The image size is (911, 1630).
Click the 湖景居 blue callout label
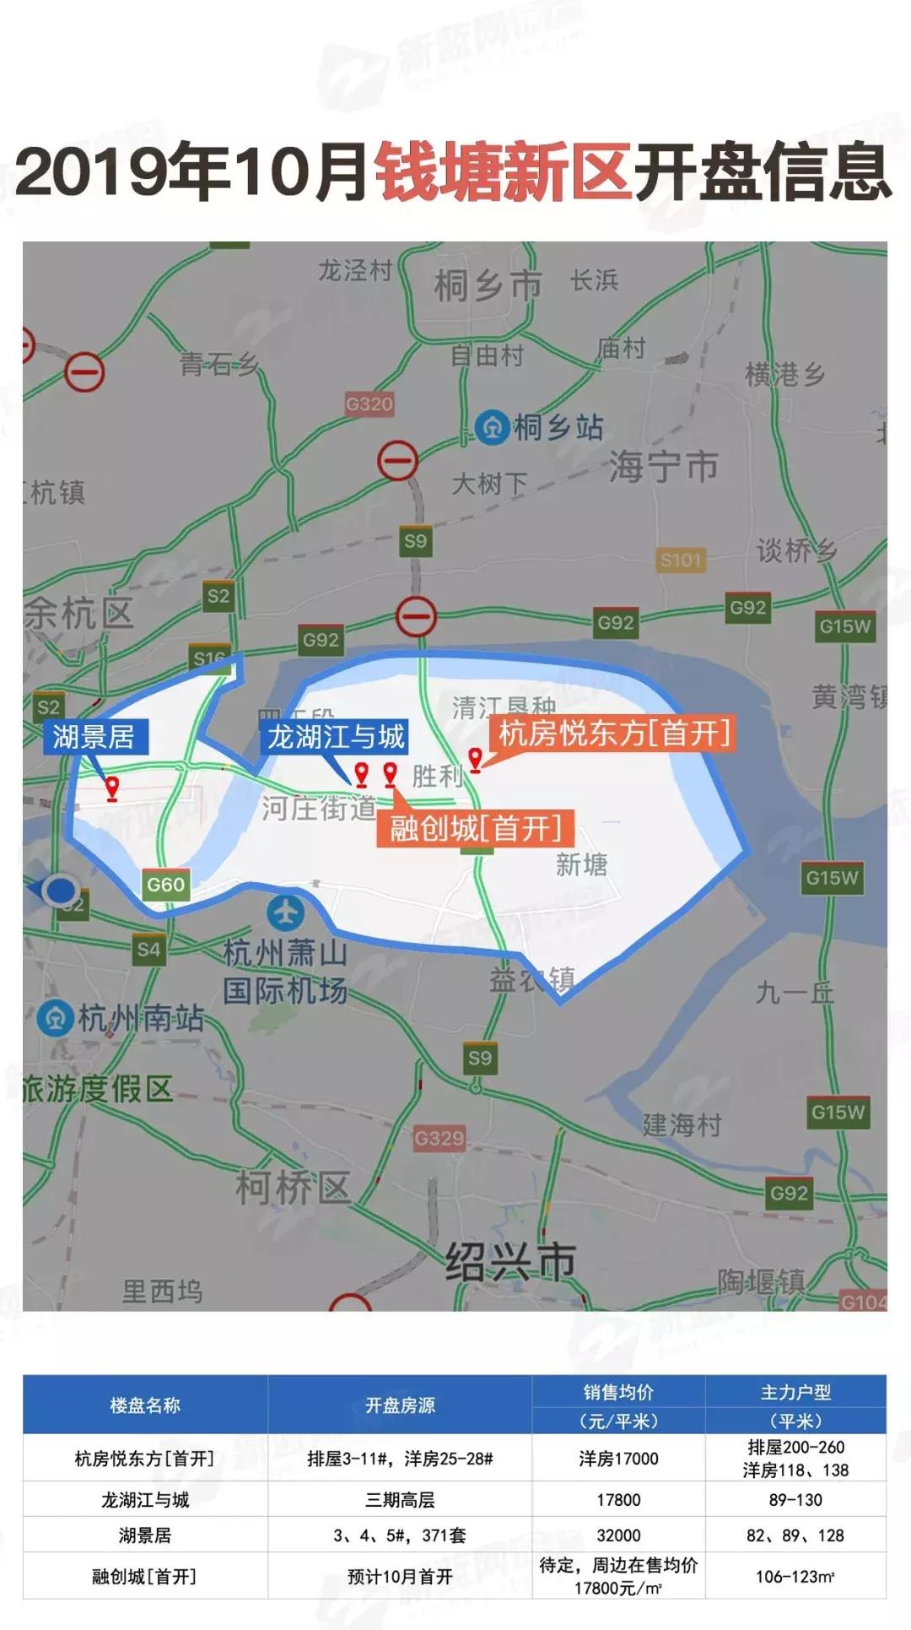(94, 737)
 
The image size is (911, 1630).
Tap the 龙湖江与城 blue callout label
(336, 737)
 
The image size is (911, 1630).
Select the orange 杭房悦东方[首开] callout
(614, 733)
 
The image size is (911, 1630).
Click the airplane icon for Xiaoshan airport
(286, 913)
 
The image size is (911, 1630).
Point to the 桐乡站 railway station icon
(491, 427)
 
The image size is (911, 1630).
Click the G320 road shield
(369, 403)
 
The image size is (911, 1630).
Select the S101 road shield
(681, 560)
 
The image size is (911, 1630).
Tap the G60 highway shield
(165, 885)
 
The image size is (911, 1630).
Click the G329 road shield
(439, 1138)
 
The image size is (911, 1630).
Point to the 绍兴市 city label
(510, 1261)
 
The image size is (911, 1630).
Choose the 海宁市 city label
(664, 466)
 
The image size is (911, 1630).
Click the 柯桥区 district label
(293, 1188)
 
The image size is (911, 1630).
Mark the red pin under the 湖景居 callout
(112, 788)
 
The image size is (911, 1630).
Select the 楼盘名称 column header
(145, 1405)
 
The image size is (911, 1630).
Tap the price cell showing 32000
(618, 1535)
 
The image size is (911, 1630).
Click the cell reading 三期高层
(400, 1500)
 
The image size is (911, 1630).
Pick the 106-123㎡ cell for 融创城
(795, 1576)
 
